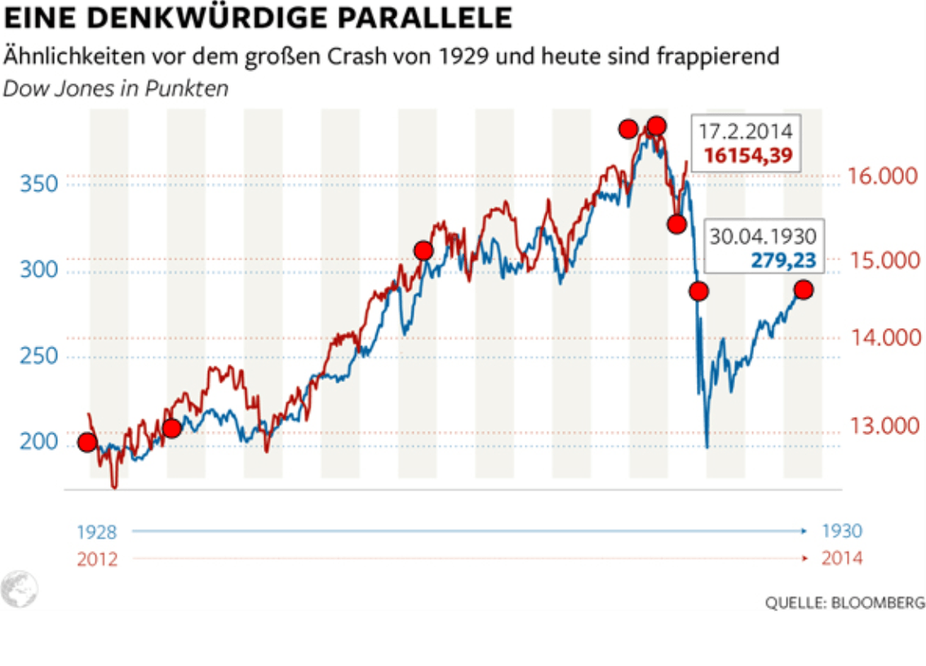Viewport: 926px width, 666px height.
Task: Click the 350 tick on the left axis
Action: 40,183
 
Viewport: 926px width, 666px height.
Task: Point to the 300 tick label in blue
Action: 40,269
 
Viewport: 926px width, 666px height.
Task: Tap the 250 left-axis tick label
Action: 40,357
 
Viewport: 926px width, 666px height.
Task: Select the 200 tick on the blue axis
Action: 40,442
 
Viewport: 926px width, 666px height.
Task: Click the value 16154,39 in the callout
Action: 748,156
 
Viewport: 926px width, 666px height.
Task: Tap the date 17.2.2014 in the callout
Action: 746,131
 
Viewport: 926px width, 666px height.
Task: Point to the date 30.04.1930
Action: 763,237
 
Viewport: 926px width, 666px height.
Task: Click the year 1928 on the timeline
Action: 97,532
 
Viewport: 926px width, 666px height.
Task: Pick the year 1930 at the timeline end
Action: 841,531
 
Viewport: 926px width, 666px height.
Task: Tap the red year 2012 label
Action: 97,559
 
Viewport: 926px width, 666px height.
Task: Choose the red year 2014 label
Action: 841,558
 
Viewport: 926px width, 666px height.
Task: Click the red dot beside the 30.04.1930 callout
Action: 804,290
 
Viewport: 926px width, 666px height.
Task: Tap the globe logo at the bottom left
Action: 19,588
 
